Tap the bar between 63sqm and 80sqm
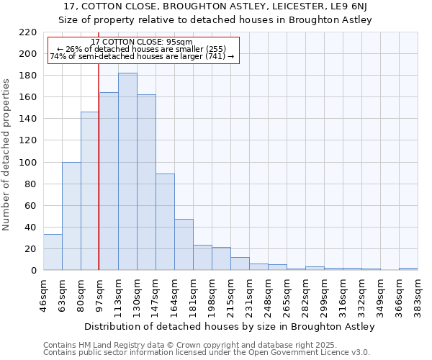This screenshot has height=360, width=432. coord(71,216)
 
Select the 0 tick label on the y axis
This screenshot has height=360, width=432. coord(34,271)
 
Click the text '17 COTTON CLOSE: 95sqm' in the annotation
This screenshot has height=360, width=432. coord(142,42)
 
